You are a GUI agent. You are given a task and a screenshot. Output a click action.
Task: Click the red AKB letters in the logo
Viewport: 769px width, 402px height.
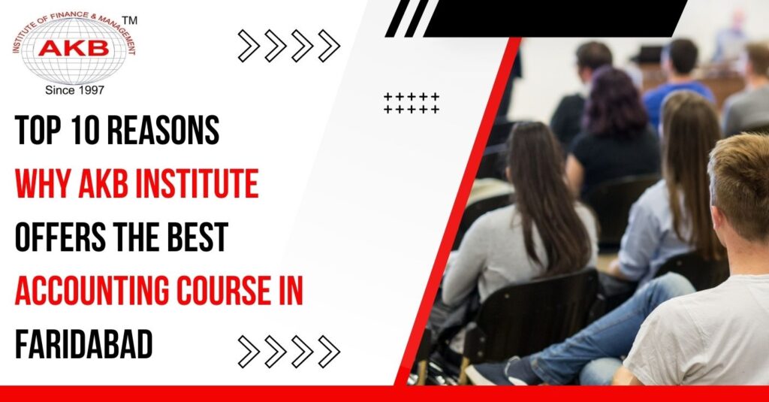click(74, 48)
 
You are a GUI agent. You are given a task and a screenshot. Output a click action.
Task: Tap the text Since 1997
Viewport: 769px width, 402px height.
click(74, 89)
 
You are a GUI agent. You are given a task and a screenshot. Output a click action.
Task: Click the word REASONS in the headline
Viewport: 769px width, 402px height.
click(170, 132)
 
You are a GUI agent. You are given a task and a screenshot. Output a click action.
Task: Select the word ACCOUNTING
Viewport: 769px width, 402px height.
click(89, 292)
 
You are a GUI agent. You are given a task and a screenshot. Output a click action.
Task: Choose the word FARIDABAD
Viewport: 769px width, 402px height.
click(83, 345)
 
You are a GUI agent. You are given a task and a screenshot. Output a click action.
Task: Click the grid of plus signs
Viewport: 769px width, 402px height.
click(411, 103)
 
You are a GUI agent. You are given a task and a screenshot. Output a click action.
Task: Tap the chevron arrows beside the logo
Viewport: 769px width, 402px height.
click(288, 46)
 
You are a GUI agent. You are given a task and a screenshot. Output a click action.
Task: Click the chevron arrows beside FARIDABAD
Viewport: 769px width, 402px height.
click(288, 351)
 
